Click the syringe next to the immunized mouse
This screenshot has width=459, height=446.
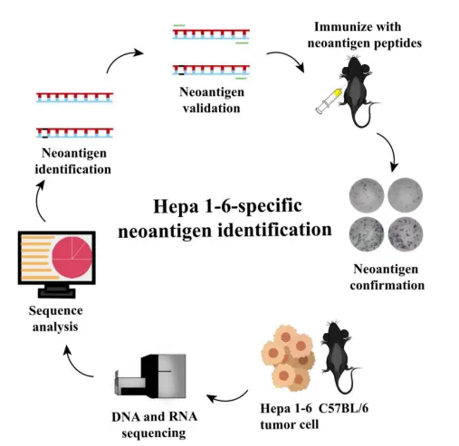(330, 100)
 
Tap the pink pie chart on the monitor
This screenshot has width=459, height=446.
(72, 257)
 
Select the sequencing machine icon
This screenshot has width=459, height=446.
(150, 375)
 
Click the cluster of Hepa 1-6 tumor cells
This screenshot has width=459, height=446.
(288, 357)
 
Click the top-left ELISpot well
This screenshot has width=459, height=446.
(367, 195)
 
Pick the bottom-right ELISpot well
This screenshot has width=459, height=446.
(406, 234)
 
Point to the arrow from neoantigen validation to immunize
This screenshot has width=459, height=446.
(287, 59)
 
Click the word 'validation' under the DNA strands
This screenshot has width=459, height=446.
(212, 109)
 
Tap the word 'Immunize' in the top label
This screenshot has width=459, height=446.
(338, 27)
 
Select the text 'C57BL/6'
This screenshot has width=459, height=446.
(343, 408)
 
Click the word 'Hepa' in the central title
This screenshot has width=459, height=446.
(176, 207)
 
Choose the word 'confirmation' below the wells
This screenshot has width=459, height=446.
(387, 285)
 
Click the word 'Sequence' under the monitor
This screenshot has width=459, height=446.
(56, 311)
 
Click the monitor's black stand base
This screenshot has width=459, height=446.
(57, 293)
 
